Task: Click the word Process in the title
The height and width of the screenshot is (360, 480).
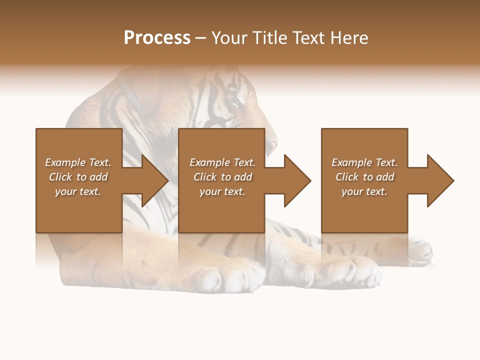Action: pyautogui.click(x=157, y=38)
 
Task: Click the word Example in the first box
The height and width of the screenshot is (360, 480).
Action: pyautogui.click(x=65, y=162)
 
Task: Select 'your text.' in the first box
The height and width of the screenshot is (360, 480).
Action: pyautogui.click(x=78, y=191)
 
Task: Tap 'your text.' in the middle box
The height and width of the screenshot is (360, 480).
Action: pyautogui.click(x=222, y=191)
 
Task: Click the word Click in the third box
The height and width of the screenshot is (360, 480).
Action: pyautogui.click(x=347, y=177)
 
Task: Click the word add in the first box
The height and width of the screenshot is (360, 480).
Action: pyautogui.click(x=98, y=177)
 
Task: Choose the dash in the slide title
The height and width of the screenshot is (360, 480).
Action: pyautogui.click(x=200, y=38)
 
